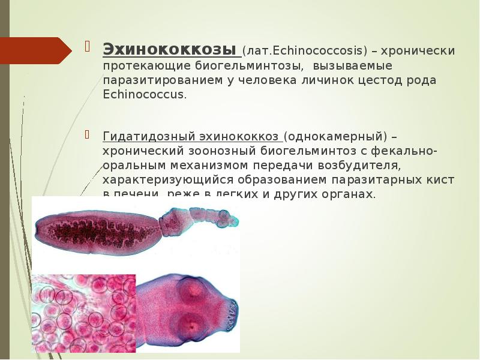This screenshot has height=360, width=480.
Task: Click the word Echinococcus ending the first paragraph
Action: pyautogui.click(x=144, y=95)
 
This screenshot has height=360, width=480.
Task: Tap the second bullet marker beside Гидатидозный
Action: pyautogui.click(x=88, y=133)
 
